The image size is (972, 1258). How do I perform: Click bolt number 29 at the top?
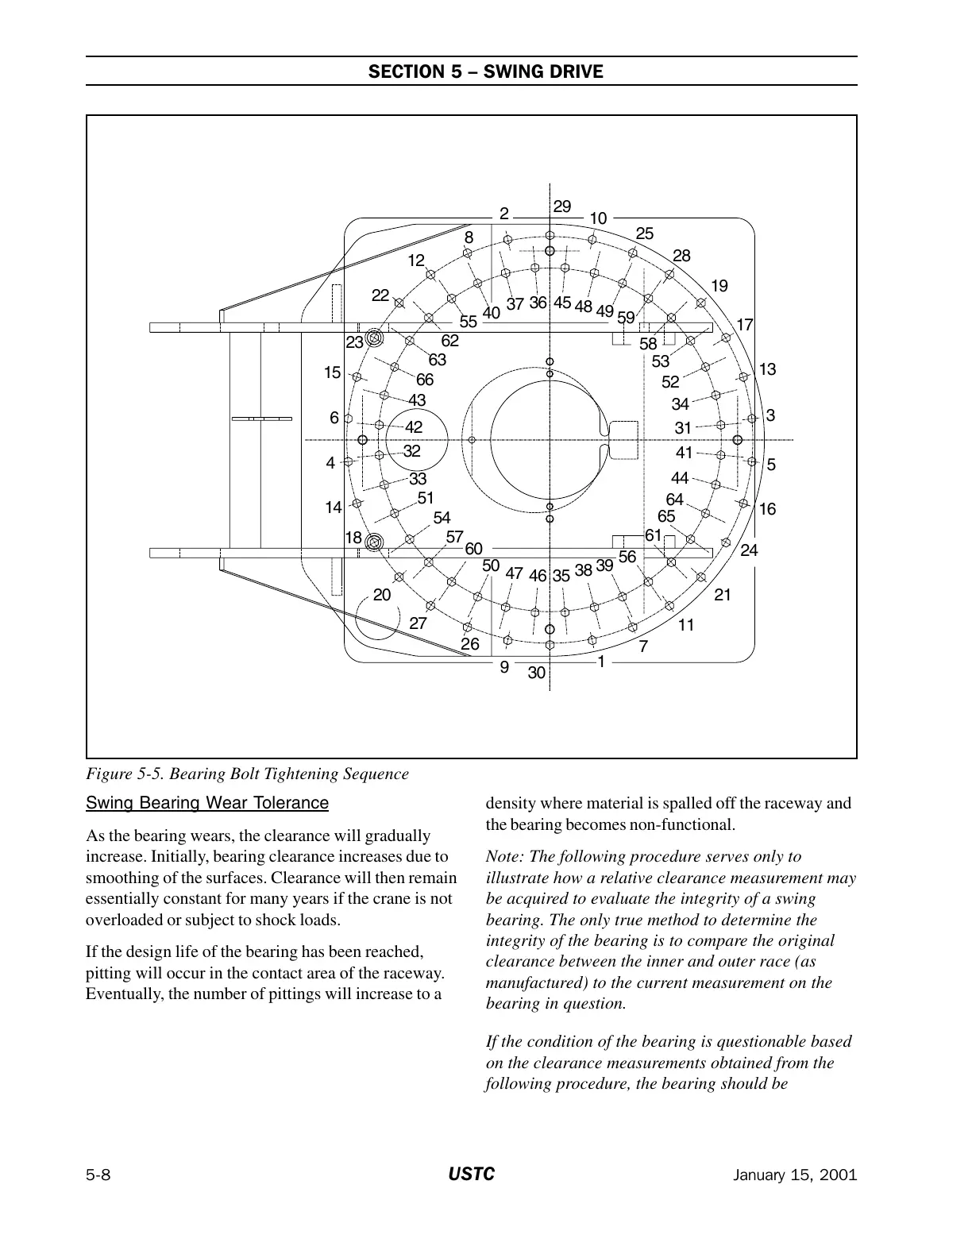[x=561, y=206]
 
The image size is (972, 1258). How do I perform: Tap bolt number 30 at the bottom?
[x=537, y=673]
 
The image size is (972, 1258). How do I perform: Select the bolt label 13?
[x=767, y=369]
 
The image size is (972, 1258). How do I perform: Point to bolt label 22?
[x=380, y=295]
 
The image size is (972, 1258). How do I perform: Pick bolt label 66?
[x=425, y=380]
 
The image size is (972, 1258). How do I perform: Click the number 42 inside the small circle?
[x=414, y=426]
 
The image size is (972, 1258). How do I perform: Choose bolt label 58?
[x=648, y=344]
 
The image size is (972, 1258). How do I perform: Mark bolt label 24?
[x=749, y=550]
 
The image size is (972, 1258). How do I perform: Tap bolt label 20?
[x=382, y=595]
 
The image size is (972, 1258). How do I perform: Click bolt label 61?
[x=653, y=535]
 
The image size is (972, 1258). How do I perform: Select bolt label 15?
[x=333, y=372]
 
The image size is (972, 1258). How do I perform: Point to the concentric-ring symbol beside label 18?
[x=374, y=542]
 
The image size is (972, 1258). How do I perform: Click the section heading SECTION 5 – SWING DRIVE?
[x=485, y=72]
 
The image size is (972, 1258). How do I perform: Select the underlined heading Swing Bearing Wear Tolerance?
[x=206, y=803]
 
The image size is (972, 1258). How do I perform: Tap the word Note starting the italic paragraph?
[x=504, y=856]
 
